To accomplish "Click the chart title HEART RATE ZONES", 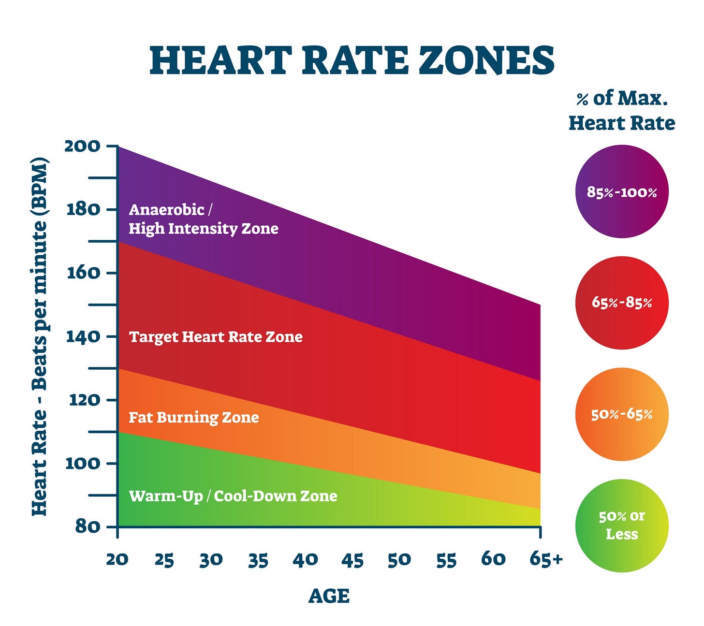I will point(352,60).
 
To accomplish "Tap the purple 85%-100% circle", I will point(622,192).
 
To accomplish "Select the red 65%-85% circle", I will point(622,303).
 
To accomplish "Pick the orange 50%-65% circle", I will point(622,414).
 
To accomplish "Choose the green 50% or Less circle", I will point(622,525).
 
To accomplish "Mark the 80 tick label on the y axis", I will point(87,526).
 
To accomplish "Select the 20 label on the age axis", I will point(117,559).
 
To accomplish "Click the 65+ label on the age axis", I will point(546,559).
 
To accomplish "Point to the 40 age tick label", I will point(305,559).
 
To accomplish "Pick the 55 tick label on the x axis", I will point(446,559).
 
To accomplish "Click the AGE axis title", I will point(329,596).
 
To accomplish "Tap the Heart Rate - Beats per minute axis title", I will point(40,336).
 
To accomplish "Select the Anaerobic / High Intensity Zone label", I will point(203,219).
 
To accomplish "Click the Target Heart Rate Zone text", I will point(216,336).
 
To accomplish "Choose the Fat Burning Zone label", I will point(193,417).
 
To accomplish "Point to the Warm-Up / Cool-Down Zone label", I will point(233,496).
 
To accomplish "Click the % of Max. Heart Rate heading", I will point(622,110).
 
